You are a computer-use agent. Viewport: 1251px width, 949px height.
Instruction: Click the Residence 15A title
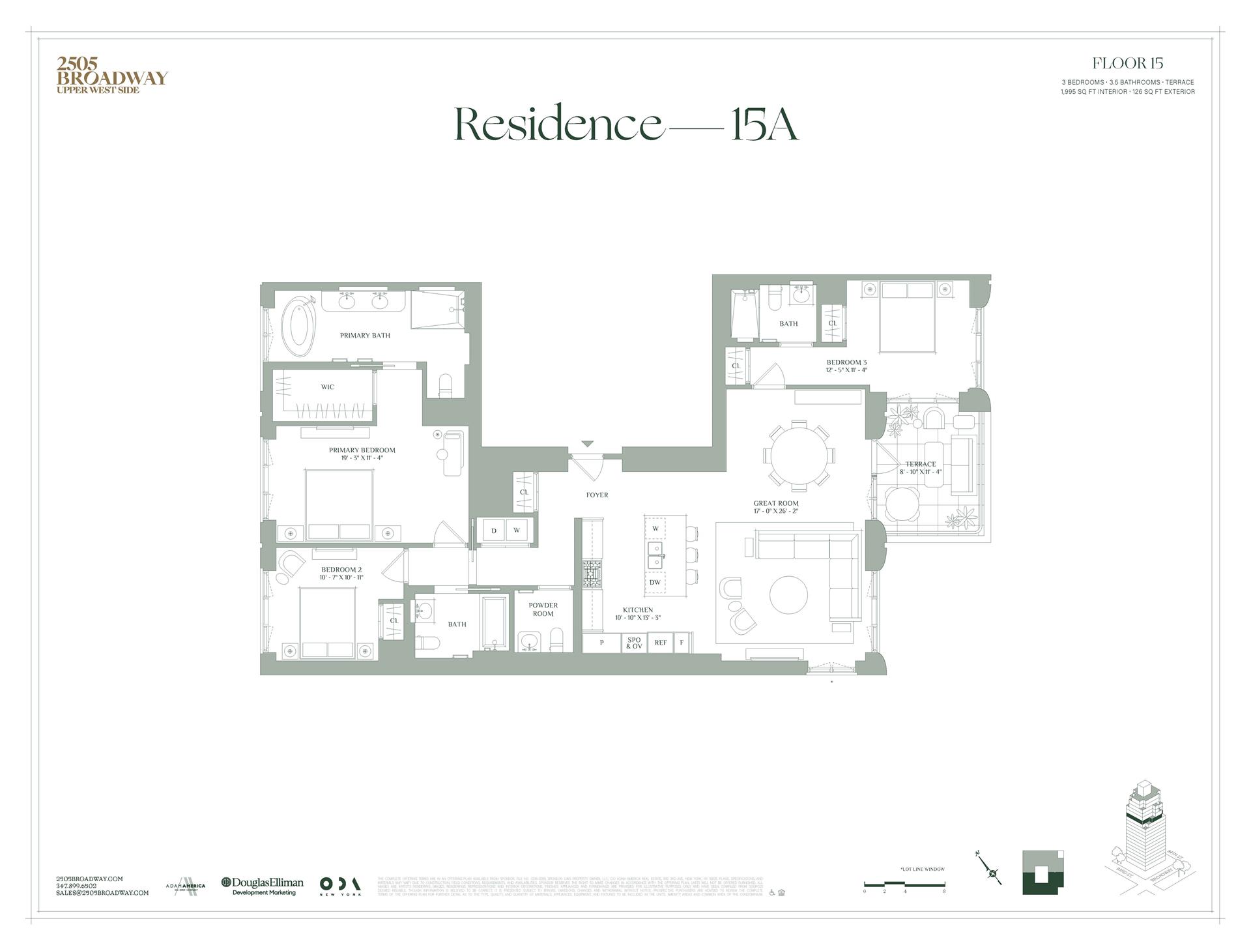click(625, 124)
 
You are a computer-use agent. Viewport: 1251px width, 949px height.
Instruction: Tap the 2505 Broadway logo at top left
click(111, 74)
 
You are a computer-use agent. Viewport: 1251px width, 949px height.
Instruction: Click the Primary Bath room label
click(365, 336)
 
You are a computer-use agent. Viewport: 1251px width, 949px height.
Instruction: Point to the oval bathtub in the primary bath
click(301, 322)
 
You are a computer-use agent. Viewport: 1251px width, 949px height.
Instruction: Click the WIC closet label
click(327, 387)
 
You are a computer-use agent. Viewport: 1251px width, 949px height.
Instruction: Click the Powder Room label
click(543, 609)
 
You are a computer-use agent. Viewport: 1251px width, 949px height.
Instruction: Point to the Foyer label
click(597, 495)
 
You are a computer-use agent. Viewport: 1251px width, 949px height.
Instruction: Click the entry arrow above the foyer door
click(588, 444)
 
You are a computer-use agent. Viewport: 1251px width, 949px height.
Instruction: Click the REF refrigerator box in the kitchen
click(660, 643)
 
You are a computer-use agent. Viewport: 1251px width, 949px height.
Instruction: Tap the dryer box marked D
click(494, 531)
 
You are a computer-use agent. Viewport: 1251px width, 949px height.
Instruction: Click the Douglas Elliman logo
click(263, 886)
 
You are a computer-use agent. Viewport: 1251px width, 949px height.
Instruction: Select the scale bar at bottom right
click(904, 884)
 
